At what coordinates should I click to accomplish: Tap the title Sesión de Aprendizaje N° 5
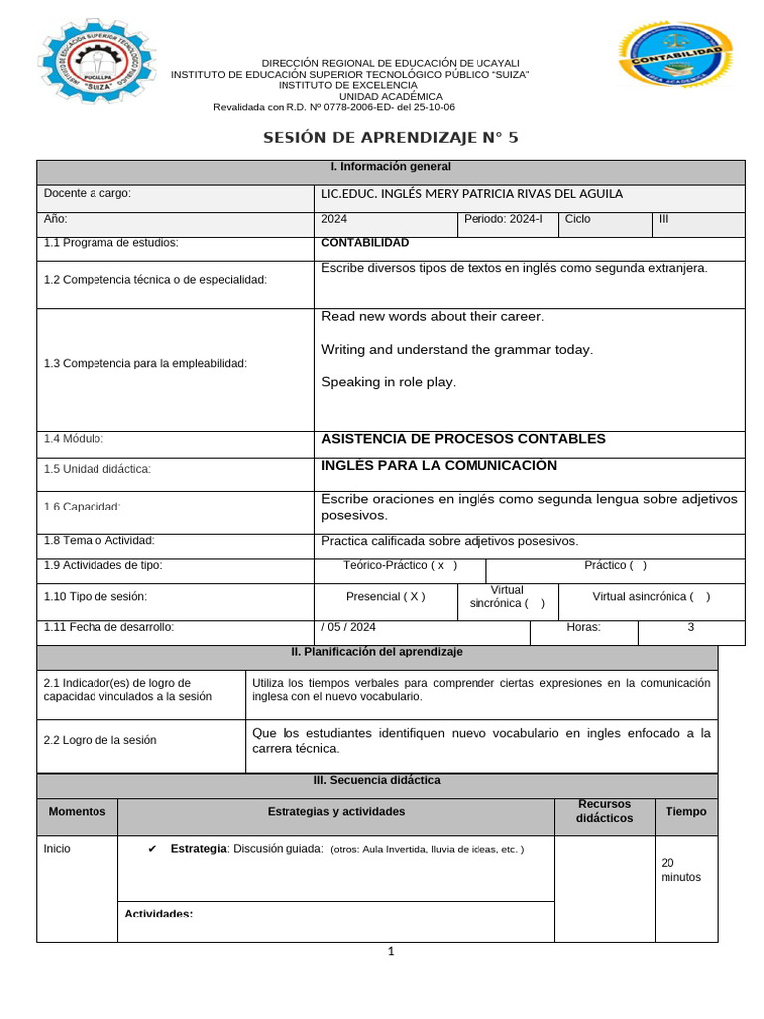pyautogui.click(x=390, y=138)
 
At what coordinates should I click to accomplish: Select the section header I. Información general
pyautogui.click(x=390, y=167)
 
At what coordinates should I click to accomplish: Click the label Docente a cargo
pyautogui.click(x=88, y=194)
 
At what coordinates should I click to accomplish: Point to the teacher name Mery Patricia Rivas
pyautogui.click(x=473, y=194)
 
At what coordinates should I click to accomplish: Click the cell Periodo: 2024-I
pyautogui.click(x=502, y=219)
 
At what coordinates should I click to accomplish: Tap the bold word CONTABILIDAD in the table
pyautogui.click(x=365, y=243)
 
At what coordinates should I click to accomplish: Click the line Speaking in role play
pyautogui.click(x=389, y=382)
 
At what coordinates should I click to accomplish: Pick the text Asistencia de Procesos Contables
pyautogui.click(x=464, y=439)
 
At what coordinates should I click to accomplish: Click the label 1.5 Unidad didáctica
pyautogui.click(x=97, y=469)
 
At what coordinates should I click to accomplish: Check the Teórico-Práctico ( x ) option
pyautogui.click(x=400, y=566)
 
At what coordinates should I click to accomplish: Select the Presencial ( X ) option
pyautogui.click(x=385, y=597)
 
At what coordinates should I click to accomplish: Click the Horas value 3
pyautogui.click(x=690, y=628)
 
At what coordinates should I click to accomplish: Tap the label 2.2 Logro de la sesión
pyautogui.click(x=100, y=740)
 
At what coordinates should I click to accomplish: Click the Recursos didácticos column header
pyautogui.click(x=604, y=811)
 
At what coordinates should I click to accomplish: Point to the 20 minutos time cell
pyautogui.click(x=680, y=870)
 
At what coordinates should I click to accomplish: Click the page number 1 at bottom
pyautogui.click(x=391, y=952)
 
